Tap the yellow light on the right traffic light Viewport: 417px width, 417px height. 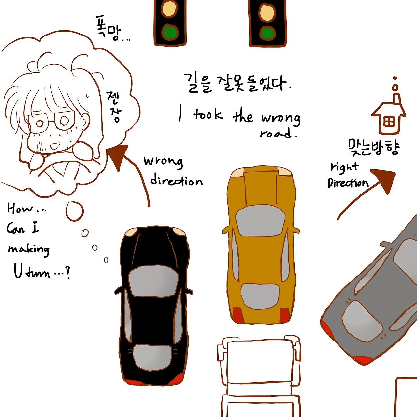tap(267, 12)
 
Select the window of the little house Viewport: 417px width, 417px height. tap(389, 122)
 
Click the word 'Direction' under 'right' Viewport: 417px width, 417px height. tap(348, 183)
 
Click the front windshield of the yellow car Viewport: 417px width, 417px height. tap(260, 221)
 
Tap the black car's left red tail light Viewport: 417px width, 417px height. tap(132, 381)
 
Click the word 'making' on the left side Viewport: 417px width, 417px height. tap(29, 250)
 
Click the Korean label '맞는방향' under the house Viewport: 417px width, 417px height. tap(373, 147)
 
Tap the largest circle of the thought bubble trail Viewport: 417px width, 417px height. tap(75, 211)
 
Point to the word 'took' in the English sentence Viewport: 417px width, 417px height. tap(208, 115)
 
